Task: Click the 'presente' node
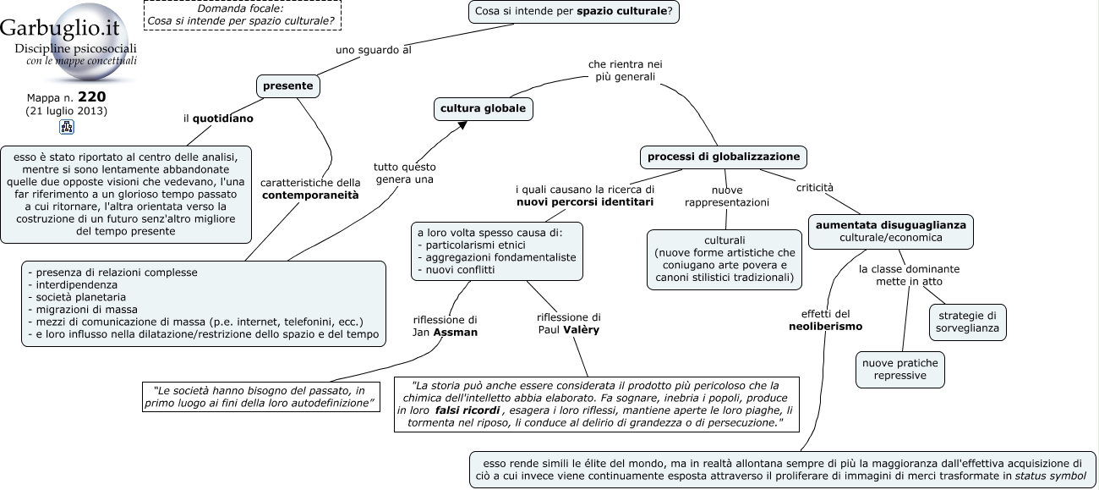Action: point(288,86)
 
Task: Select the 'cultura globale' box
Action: point(484,108)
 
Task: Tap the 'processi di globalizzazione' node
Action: point(723,157)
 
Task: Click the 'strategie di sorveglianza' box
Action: point(967,322)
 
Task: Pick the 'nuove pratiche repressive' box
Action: point(899,370)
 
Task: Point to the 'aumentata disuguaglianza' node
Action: point(890,232)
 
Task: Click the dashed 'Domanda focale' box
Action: point(243,14)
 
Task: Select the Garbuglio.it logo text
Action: point(59,27)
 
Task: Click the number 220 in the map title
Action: point(92,96)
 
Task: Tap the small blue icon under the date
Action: point(67,127)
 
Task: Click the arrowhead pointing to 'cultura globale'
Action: point(462,126)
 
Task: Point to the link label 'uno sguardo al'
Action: point(374,50)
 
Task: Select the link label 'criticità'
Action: point(814,188)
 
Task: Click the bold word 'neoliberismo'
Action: point(825,327)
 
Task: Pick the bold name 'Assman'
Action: point(455,333)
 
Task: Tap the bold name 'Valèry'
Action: point(582,330)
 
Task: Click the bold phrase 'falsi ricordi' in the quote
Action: point(467,410)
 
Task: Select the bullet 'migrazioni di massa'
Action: point(86,310)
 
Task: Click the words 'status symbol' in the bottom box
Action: point(1051,476)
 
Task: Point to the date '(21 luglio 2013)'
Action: point(66,111)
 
